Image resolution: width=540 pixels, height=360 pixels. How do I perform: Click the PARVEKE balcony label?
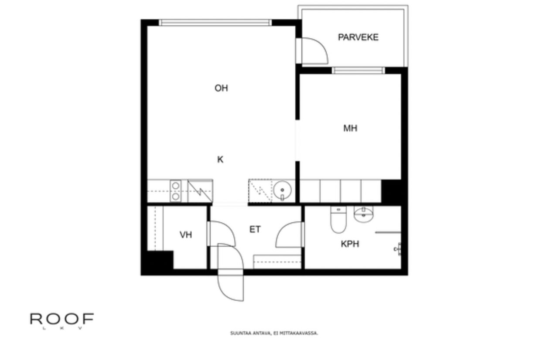click(x=358, y=37)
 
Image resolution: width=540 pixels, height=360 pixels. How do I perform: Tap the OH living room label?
click(x=221, y=88)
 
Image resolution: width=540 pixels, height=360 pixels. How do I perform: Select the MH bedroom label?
click(x=350, y=129)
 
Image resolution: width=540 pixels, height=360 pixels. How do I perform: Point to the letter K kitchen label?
click(x=220, y=160)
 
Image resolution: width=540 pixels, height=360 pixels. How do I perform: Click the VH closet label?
click(x=186, y=235)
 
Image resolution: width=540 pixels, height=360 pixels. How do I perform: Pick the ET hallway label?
click(x=255, y=230)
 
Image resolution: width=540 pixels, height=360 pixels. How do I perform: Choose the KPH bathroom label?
click(x=350, y=244)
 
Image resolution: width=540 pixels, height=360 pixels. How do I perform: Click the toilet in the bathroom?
click(x=338, y=221)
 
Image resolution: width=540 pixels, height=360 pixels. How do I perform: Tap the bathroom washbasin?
click(x=363, y=214)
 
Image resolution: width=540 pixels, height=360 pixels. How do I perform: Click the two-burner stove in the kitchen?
click(x=175, y=191)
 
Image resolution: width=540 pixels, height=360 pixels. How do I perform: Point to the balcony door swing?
click(x=313, y=50)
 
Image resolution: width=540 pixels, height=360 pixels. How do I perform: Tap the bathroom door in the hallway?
click(x=290, y=235)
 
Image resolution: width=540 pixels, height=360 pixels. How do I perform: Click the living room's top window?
click(x=215, y=23)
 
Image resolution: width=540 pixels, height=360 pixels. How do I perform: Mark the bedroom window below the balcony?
click(x=358, y=71)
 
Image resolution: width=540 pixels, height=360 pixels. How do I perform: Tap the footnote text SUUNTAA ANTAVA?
click(x=274, y=333)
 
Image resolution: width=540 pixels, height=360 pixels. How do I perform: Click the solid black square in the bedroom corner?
click(x=391, y=191)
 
